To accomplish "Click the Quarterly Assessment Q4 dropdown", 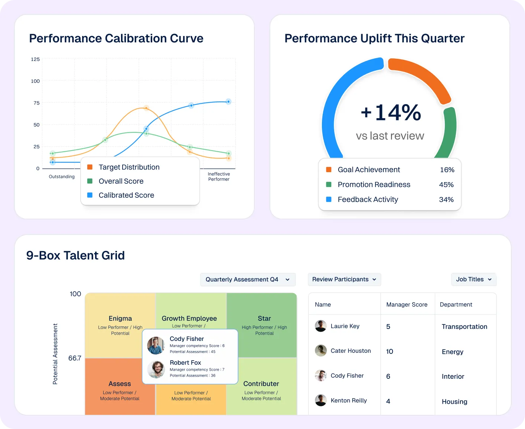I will click(x=248, y=280).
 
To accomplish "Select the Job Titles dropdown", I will click(x=474, y=280).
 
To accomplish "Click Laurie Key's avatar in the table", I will click(x=321, y=326).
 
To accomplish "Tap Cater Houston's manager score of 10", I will click(x=389, y=351).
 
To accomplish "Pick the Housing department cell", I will click(x=454, y=401).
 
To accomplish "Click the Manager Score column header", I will click(x=407, y=304).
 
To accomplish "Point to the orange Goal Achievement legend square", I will click(x=329, y=170).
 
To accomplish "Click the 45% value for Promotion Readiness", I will click(x=446, y=185).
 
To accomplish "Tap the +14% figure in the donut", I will click(x=391, y=113).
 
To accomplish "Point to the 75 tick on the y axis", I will click(x=36, y=103).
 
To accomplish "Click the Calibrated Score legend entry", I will click(x=126, y=195).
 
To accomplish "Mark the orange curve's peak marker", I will click(x=146, y=108).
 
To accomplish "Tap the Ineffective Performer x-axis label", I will click(x=219, y=177).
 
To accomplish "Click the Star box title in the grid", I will click(x=264, y=319).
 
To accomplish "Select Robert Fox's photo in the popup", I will click(x=156, y=369).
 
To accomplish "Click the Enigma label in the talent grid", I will click(x=120, y=319).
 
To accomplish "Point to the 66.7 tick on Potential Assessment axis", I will click(x=75, y=358).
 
